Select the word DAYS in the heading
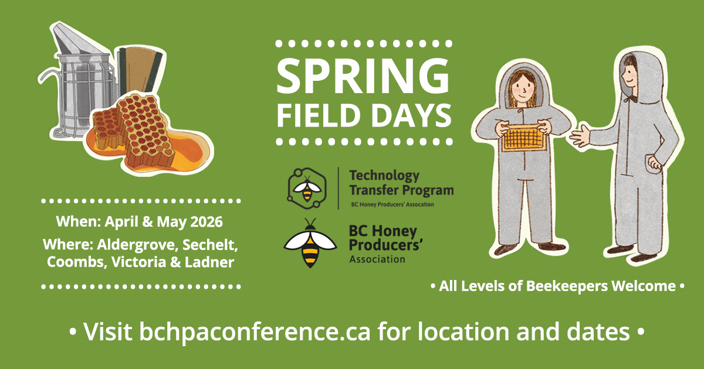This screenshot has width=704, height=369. coord(407,115)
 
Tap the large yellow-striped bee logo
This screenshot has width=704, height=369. coord(309,243)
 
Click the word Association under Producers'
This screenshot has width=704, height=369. coord(377,259)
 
